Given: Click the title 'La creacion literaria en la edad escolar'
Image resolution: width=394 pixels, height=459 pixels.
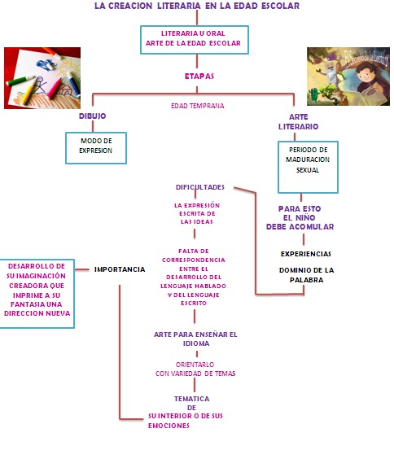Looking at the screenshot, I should point(195,6).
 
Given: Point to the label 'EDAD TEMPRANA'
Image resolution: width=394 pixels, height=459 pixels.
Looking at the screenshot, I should point(197,106).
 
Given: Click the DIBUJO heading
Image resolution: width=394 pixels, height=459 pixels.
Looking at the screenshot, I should point(92,116).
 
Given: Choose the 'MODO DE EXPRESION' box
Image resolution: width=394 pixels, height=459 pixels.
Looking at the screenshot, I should point(96,146).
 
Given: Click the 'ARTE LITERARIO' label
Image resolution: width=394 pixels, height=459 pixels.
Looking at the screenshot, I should point(298,121).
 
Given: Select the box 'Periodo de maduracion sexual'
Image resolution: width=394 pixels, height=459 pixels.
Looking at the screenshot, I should point(302,160).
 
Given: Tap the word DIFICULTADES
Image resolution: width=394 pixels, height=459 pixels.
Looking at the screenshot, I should point(199,186).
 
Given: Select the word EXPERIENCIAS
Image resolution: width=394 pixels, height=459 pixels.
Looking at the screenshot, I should point(305,253).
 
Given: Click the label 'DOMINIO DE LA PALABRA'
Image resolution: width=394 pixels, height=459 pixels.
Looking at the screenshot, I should point(306,274).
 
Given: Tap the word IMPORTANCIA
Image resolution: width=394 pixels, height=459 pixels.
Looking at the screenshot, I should point(120,269).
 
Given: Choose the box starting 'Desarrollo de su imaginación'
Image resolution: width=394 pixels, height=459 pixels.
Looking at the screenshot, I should point(36,289).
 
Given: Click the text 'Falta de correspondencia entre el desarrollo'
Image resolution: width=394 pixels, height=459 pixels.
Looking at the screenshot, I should point(196,277).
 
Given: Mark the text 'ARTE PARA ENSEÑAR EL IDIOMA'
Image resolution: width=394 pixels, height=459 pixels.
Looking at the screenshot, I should point(195,338).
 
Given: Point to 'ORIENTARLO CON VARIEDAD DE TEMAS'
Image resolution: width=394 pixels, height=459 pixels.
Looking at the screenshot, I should point(195,369).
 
